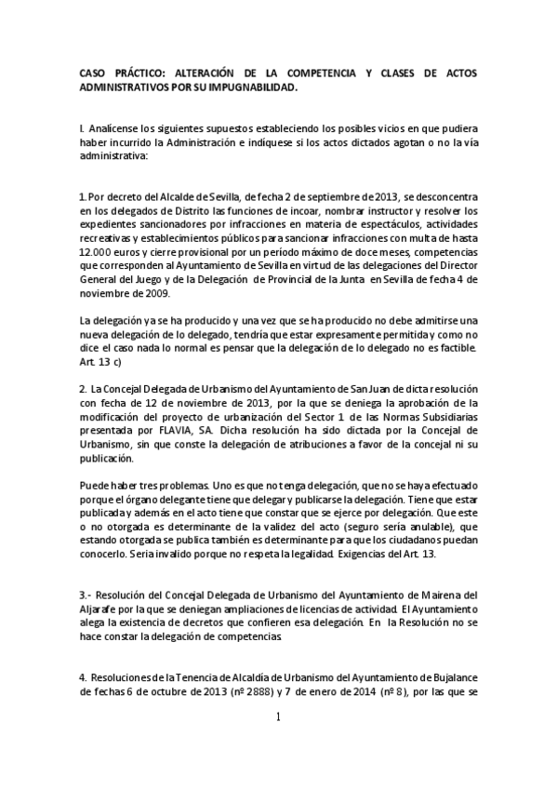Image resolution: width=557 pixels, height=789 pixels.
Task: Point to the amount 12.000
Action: pos(99,252)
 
